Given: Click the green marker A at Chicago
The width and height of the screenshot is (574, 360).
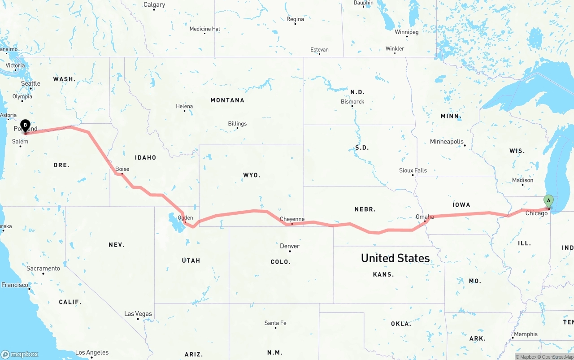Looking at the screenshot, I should (x=548, y=201).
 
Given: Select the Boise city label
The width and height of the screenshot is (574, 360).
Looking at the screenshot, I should (x=122, y=169).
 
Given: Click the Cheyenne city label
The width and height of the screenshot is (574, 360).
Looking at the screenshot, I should (x=292, y=219).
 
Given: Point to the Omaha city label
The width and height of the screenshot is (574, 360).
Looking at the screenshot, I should (x=425, y=217).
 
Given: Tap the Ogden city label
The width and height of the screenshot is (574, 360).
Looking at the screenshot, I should (x=185, y=218).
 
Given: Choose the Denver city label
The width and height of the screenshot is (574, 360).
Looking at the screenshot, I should (x=290, y=246).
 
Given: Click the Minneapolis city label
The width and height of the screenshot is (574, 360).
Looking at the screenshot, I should (x=447, y=142).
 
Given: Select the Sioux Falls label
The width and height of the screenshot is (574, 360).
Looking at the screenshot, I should (x=413, y=170).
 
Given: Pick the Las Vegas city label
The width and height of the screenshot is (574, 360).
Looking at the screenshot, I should (x=138, y=314).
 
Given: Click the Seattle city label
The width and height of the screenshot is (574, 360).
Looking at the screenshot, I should (x=30, y=83).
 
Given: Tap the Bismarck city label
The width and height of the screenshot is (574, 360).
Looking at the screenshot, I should (x=352, y=102).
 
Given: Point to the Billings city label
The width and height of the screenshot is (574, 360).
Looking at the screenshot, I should (x=237, y=124).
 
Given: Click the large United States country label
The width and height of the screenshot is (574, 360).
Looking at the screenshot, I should (x=395, y=258).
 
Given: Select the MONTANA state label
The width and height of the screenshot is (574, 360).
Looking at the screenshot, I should (x=227, y=100).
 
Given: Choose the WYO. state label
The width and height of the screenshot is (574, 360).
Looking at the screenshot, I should (x=252, y=175).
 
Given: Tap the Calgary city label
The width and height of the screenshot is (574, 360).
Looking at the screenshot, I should (x=154, y=4).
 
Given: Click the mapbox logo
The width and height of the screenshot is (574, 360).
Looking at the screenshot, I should (x=20, y=354).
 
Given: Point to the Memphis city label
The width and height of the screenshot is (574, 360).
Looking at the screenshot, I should (x=526, y=334).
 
